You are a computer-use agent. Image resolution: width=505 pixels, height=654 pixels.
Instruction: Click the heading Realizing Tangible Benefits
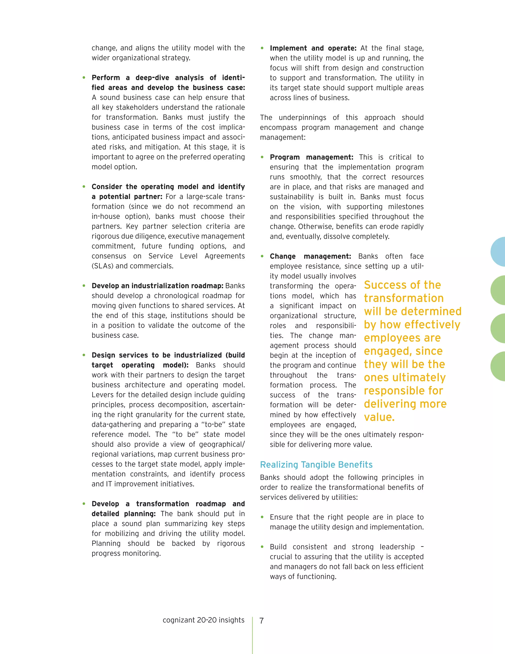[316, 464]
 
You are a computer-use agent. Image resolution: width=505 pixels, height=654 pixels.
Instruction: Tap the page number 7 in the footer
[261, 621]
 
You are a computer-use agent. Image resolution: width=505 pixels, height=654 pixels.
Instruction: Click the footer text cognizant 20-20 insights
[203, 620]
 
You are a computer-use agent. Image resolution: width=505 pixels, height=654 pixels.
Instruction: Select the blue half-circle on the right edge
[498, 252]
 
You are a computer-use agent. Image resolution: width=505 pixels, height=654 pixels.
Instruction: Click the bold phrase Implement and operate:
[313, 48]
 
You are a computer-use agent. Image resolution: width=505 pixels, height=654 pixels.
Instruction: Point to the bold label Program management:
[311, 157]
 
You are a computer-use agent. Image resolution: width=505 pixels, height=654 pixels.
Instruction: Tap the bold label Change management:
[310, 256]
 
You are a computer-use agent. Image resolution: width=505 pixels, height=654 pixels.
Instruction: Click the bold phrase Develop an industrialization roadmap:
[157, 286]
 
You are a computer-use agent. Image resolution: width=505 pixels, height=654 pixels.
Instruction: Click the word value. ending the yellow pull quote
[379, 417]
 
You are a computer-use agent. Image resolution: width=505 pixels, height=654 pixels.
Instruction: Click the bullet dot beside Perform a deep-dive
[84, 77]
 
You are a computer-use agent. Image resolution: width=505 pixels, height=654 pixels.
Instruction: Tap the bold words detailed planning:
[124, 514]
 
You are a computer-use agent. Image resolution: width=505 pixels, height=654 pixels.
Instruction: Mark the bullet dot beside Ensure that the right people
[262, 517]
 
